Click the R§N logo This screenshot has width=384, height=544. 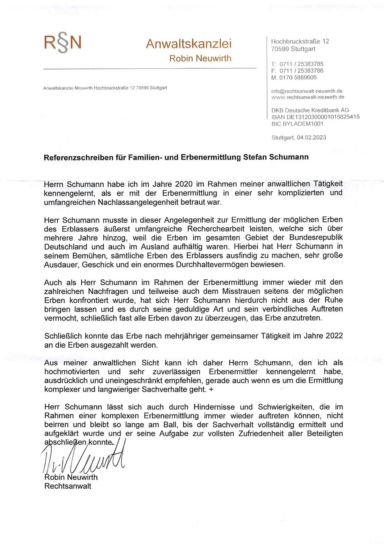(63, 43)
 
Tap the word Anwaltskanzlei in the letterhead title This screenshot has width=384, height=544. (189, 44)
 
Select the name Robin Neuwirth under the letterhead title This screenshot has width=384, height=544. (200, 58)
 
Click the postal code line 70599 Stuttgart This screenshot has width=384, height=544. (293, 49)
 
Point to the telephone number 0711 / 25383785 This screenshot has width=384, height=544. (301, 64)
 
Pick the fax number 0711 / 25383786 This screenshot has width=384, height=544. (301, 71)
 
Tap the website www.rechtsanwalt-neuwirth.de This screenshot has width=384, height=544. (308, 97)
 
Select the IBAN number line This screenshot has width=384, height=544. (315, 117)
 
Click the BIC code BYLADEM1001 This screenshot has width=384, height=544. (297, 124)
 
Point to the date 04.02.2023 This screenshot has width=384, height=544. (311, 138)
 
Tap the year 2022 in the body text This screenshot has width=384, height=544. (334, 336)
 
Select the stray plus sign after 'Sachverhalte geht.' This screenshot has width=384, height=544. (211, 390)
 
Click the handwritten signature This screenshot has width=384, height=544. (84, 457)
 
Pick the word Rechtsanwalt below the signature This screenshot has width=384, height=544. (68, 486)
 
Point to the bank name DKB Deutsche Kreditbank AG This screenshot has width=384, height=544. (310, 110)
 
